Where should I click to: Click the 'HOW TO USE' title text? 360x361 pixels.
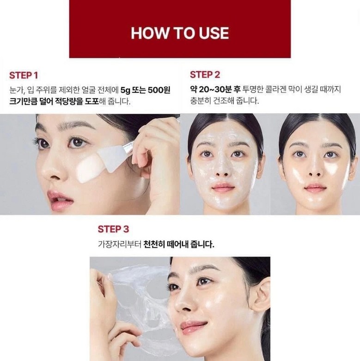pos(180,33)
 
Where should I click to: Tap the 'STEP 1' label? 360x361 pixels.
pos(24,75)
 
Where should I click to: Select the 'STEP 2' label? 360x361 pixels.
pos(205,75)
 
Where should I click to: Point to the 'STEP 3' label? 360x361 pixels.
pos(113,229)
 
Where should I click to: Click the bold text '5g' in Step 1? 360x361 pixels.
pos(125,90)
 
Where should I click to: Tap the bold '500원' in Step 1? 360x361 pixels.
pos(159,90)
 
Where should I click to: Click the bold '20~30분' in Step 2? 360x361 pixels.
pos(215,89)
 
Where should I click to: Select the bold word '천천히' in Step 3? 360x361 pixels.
pos(154,244)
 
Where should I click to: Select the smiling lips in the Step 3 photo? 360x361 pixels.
pos(193,326)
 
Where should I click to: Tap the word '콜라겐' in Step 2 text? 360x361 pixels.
pos(276,89)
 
